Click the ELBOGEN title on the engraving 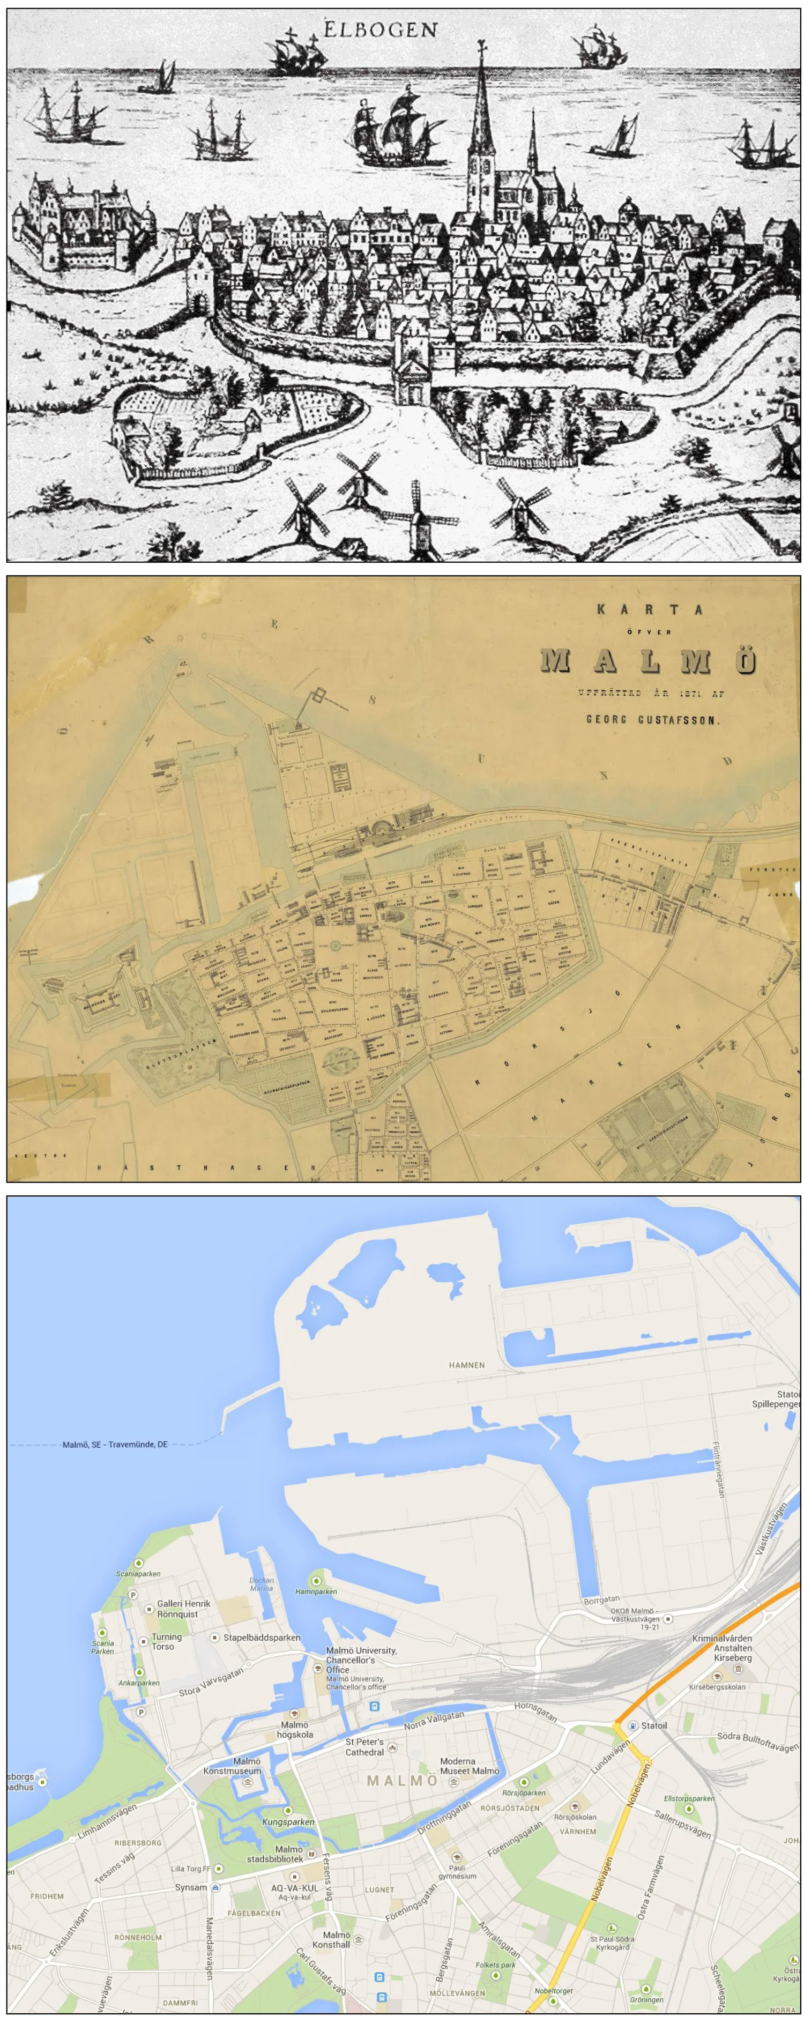381,30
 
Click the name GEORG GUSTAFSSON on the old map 652,719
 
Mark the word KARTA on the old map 649,609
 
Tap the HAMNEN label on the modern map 466,1365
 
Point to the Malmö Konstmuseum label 233,1766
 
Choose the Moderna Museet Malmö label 469,1766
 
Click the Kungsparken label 288,1821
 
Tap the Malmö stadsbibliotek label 275,1854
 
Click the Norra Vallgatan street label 434,1720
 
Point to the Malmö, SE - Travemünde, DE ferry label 115,1444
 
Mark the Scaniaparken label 138,1574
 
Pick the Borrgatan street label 601,1599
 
